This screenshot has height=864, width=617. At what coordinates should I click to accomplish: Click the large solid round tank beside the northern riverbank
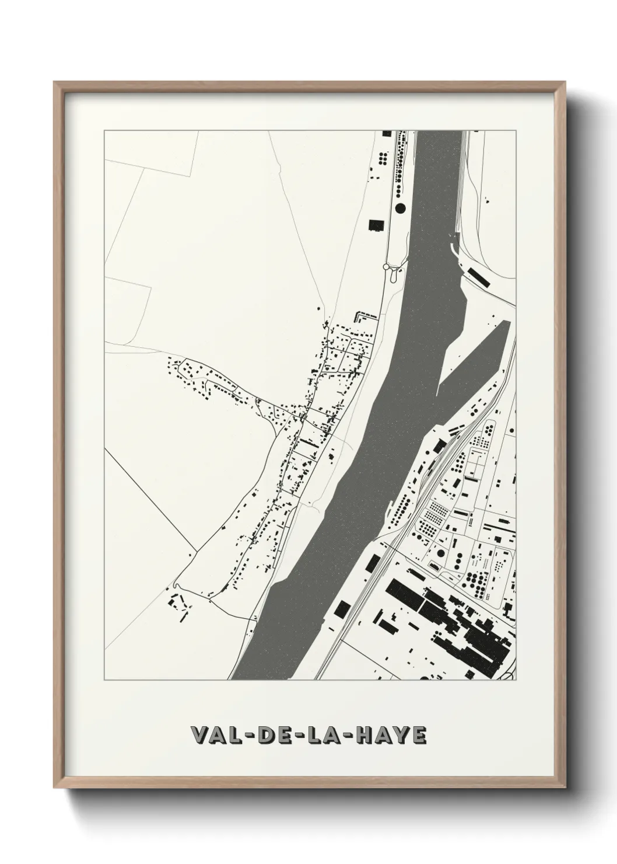pyautogui.click(x=401, y=207)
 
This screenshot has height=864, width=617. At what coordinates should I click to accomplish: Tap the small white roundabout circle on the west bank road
pyautogui.click(x=385, y=266)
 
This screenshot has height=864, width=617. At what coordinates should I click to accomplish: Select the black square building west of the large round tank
pyautogui.click(x=374, y=225)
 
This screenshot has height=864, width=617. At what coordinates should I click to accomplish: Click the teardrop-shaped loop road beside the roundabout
pyautogui.click(x=395, y=273)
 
